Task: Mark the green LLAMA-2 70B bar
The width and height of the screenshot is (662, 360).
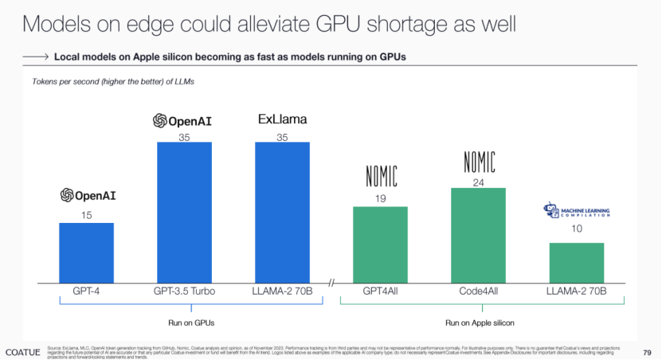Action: point(576,261)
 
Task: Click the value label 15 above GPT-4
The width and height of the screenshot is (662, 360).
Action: point(86,215)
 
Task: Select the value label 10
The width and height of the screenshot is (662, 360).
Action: point(576,229)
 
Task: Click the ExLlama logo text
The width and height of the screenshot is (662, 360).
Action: point(282,120)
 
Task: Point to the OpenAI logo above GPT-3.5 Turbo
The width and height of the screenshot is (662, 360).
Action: point(184,121)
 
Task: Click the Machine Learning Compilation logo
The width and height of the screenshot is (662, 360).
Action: point(576,212)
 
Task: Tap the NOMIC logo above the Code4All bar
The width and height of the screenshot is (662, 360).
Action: point(478,162)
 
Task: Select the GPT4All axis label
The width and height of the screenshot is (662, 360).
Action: point(380,292)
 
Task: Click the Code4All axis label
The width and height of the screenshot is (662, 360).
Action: point(478,292)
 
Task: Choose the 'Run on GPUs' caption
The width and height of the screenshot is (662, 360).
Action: point(184,323)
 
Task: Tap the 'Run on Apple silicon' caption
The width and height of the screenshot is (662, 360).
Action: point(479,323)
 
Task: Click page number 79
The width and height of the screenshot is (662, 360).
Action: point(646,351)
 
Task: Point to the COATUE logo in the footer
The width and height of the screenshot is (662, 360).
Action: point(22,351)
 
